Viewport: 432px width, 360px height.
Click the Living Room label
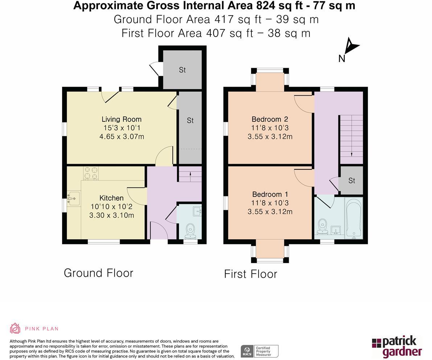[x=122, y=119]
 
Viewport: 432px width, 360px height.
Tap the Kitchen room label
[x=111, y=198]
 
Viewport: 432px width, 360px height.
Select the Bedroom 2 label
[x=270, y=119]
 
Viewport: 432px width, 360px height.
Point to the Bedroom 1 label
[x=270, y=194]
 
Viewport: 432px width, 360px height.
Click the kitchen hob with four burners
[x=91, y=173]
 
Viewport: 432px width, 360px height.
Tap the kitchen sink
[x=73, y=199]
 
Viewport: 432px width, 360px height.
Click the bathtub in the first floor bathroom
[x=354, y=218]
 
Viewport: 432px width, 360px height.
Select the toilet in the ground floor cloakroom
[x=190, y=231]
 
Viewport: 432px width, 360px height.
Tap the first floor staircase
[x=351, y=139]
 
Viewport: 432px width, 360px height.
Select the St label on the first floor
[x=351, y=181]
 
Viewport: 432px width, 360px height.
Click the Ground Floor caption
[x=99, y=273]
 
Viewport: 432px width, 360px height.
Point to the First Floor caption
[x=250, y=274]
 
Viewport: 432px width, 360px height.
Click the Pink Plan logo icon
[x=15, y=328]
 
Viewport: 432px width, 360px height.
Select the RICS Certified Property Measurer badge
[x=260, y=351]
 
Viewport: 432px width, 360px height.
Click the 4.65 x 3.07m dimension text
[x=122, y=137]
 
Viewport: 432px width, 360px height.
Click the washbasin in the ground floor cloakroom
[x=197, y=211]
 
